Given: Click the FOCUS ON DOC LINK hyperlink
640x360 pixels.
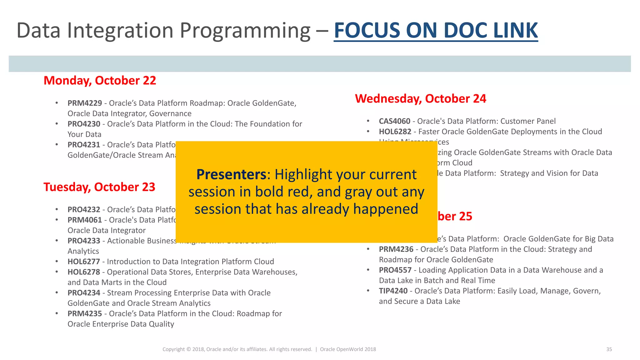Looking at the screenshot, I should click(x=436, y=31).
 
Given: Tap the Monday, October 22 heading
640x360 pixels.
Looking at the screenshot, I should click(x=100, y=81).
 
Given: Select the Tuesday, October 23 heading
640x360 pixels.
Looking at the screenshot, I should click(x=99, y=187).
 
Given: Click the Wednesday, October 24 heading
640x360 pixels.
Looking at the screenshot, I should click(x=420, y=99).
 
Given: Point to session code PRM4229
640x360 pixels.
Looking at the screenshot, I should click(x=85, y=103).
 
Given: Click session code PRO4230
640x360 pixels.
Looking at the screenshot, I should click(x=84, y=124).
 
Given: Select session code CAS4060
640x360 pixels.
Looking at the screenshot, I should click(x=394, y=121).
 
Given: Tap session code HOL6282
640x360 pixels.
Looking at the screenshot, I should click(x=395, y=132).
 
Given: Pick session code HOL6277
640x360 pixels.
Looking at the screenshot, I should click(x=84, y=262).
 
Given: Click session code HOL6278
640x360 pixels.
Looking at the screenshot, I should click(x=84, y=272).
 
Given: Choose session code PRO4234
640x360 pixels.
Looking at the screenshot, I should click(x=84, y=293).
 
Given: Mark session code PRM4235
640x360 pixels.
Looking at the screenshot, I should click(x=85, y=314).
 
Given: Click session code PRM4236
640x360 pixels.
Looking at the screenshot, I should click(x=396, y=249).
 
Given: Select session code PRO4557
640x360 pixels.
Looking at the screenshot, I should click(x=395, y=270).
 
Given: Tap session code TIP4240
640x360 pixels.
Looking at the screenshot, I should click(x=393, y=291).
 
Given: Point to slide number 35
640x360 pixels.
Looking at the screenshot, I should click(x=609, y=349).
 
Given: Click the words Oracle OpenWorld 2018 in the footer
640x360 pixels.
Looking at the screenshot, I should click(x=348, y=349).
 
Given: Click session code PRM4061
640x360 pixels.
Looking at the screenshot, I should click(x=85, y=220).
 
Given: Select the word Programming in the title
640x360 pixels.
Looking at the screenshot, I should click(x=245, y=31).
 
